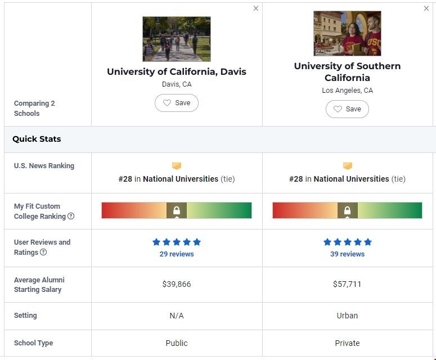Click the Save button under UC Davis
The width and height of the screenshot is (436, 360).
(177, 103)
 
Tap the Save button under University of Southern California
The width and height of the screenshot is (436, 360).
(347, 109)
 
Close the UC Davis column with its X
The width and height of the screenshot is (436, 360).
(256, 8)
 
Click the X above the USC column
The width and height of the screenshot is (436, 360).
(426, 8)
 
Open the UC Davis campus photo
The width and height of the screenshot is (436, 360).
(177, 39)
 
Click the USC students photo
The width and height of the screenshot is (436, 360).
(347, 33)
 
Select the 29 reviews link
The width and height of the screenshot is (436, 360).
(177, 254)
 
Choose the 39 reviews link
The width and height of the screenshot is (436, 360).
(347, 254)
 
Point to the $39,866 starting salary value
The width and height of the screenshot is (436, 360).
(177, 284)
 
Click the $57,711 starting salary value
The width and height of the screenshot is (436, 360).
(347, 284)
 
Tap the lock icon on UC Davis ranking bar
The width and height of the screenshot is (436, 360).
(177, 210)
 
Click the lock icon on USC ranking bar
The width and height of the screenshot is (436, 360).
(347, 210)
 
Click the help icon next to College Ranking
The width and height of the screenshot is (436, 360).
(71, 217)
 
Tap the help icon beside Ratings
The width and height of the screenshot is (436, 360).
(43, 253)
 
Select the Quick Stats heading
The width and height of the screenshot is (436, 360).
(37, 139)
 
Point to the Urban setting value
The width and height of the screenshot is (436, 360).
(347, 316)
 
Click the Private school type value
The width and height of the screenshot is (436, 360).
(347, 343)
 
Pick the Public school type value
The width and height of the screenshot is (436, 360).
(177, 343)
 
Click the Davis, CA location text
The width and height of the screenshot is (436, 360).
(177, 84)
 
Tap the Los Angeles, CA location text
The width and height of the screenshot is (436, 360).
(347, 91)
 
